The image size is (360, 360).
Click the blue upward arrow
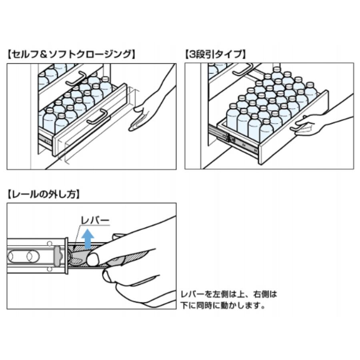[88, 239]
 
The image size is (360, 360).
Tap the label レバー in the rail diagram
[95, 220]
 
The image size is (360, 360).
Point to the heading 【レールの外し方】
[44, 194]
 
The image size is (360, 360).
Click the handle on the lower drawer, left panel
[97, 117]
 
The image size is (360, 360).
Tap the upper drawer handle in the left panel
[76, 78]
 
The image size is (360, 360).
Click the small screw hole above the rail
[49, 243]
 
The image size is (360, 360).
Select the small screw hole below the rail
[49, 269]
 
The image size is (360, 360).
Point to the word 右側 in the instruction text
[261, 294]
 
